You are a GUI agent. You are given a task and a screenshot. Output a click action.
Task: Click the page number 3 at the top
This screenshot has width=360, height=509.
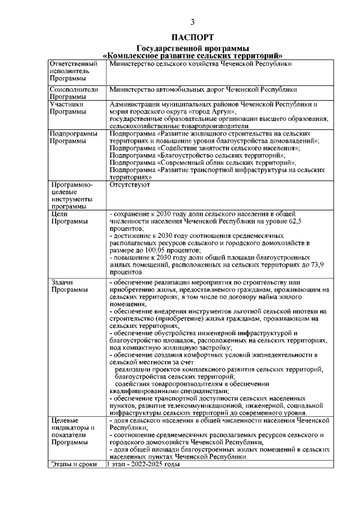pyautogui.click(x=192, y=22)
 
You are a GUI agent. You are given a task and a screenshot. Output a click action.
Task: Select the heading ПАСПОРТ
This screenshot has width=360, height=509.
pyautogui.click(x=192, y=38)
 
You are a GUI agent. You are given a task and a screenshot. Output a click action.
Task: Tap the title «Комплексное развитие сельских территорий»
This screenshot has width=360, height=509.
pyautogui.click(x=192, y=55)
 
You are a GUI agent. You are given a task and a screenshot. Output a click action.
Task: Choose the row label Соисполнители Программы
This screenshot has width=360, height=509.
pyautogui.click(x=74, y=93)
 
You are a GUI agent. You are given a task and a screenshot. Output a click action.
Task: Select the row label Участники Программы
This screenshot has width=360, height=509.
pyautogui.click(x=67, y=107)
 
